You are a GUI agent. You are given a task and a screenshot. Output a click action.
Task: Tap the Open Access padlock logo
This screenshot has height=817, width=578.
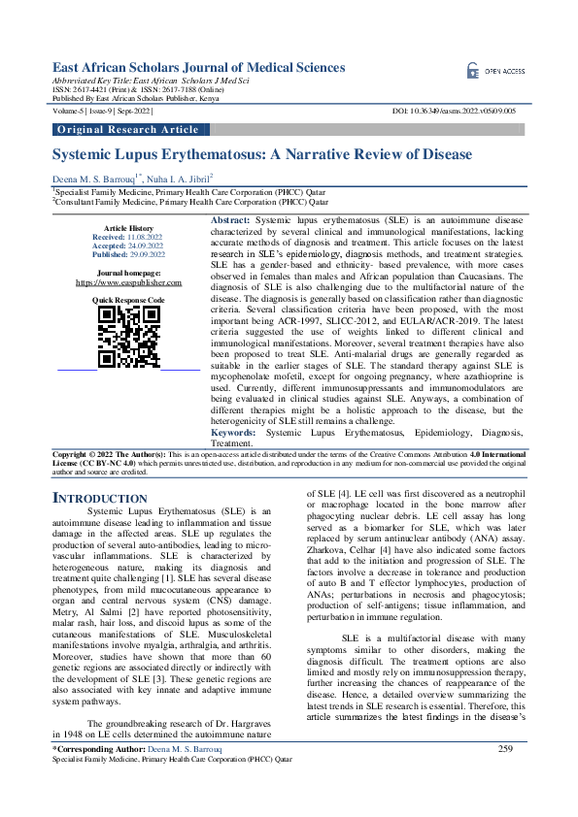point(474,71)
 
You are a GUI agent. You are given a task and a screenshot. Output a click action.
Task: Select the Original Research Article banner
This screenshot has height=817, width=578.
point(128,129)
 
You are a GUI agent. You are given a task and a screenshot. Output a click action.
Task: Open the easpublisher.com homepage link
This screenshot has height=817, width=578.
point(128,282)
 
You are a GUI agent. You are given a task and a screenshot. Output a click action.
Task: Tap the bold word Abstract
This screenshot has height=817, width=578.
point(230,222)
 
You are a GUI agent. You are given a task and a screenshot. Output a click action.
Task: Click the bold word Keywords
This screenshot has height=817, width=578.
point(236,432)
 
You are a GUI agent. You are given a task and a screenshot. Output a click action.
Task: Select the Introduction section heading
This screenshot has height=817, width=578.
point(100,499)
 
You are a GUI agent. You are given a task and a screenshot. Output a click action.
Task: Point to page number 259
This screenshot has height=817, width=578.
point(504,775)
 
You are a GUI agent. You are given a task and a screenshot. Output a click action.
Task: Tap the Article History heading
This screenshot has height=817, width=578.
point(128,227)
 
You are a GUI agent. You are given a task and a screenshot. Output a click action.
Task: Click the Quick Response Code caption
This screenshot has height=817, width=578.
point(128,301)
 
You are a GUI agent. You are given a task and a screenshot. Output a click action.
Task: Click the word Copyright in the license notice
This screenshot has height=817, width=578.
point(71,454)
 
